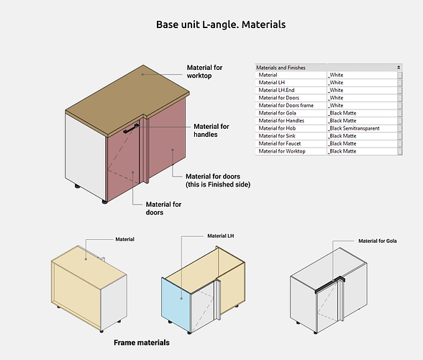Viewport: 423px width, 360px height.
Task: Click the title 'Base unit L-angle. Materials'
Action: (x=221, y=24)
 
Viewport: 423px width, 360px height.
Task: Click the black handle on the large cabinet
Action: (x=131, y=129)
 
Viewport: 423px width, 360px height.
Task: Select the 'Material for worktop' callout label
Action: (x=204, y=71)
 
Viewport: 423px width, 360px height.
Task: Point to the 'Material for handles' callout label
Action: (x=211, y=130)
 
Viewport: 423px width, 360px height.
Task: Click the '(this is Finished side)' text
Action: (x=218, y=184)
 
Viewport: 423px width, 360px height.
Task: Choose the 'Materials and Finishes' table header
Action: (x=281, y=68)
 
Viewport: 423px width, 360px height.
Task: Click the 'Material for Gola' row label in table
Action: (x=278, y=113)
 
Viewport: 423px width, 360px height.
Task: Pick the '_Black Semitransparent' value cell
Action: (x=354, y=128)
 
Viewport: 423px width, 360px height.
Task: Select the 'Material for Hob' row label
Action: (x=277, y=128)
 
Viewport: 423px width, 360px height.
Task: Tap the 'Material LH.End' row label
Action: (x=276, y=90)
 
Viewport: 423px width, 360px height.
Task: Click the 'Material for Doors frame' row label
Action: (x=286, y=105)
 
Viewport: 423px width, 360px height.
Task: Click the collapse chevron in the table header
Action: (x=399, y=68)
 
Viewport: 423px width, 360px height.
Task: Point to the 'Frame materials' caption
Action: (x=142, y=343)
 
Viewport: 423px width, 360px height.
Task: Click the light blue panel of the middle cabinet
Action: (x=176, y=304)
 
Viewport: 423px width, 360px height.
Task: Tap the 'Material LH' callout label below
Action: (x=221, y=235)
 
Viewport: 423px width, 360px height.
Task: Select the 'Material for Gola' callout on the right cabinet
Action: (x=378, y=241)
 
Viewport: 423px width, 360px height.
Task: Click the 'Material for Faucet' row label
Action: (x=279, y=143)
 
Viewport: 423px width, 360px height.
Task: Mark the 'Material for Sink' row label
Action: (x=277, y=136)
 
